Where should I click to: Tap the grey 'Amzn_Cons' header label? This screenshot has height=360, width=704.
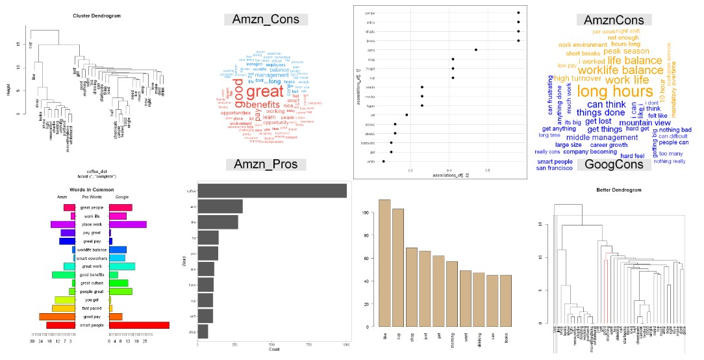tap(266, 19)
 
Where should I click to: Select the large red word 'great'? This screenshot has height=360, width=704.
tap(265, 92)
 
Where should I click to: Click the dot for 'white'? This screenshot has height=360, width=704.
tap(383, 161)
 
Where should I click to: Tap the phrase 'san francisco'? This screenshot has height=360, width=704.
tap(555, 168)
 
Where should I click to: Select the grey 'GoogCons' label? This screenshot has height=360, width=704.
tap(614, 164)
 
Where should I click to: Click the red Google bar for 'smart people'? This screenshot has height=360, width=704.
tap(139, 325)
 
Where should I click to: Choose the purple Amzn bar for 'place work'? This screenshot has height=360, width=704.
tap(64, 224)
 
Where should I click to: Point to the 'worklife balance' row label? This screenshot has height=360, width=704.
tap(92, 250)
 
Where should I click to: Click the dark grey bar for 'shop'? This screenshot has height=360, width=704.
tap(203, 332)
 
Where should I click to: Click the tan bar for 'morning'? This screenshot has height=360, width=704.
tap(452, 294)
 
